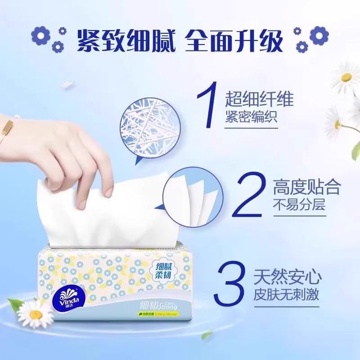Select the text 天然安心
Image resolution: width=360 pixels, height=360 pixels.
296,277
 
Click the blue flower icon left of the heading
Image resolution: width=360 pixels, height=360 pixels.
41,37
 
